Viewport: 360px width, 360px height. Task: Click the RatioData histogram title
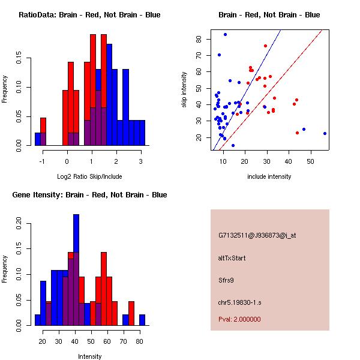click(x=89, y=15)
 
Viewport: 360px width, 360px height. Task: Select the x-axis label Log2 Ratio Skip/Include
click(x=89, y=176)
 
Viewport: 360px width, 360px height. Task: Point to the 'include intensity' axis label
click(x=269, y=176)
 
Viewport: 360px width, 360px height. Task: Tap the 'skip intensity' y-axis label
click(x=185, y=90)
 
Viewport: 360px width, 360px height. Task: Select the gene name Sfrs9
click(x=227, y=280)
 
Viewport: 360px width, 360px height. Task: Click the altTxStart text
click(x=232, y=258)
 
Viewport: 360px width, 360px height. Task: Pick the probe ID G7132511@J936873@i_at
click(x=257, y=235)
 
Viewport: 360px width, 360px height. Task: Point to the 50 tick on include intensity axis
click(x=311, y=161)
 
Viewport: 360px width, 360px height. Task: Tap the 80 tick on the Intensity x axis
click(x=139, y=341)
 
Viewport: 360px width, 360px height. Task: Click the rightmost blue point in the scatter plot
click(x=325, y=133)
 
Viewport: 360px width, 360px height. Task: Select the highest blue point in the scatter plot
click(x=225, y=34)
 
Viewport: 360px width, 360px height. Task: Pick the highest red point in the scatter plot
click(x=265, y=46)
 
